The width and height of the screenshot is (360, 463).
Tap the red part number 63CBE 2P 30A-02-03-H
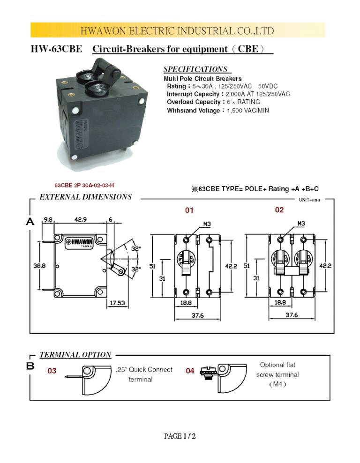(84, 185)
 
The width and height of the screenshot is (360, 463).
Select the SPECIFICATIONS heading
(195, 69)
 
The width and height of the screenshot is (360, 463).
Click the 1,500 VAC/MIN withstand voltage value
(247, 111)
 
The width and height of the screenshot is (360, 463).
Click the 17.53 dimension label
(118, 303)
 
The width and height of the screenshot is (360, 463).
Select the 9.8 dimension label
(48, 219)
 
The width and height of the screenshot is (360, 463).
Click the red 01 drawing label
(189, 210)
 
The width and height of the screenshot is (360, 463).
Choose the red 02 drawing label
(279, 210)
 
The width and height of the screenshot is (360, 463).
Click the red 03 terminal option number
(52, 371)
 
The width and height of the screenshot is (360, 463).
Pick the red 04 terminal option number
(190, 371)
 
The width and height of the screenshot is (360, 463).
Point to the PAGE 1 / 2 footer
(180, 436)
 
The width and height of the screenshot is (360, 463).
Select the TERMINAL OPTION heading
(75, 355)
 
